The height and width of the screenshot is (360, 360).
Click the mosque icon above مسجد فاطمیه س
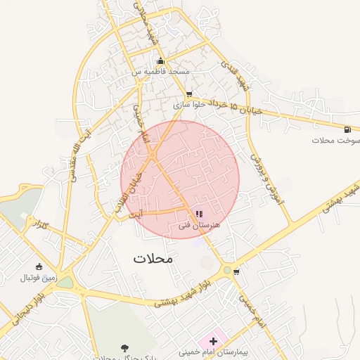click(161, 61)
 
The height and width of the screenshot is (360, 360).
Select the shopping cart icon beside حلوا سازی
click(188, 94)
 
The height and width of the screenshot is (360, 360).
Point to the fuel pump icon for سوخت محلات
click(347, 129)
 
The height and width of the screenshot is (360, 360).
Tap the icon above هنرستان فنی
click(199, 214)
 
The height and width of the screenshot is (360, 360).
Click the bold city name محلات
click(153, 259)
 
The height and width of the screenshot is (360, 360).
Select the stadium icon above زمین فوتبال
click(38, 266)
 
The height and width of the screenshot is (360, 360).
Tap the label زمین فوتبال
click(37, 278)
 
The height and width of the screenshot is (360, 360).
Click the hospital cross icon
click(213, 341)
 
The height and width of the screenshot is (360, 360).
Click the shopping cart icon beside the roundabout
click(237, 271)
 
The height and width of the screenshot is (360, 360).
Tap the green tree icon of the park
click(124, 347)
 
